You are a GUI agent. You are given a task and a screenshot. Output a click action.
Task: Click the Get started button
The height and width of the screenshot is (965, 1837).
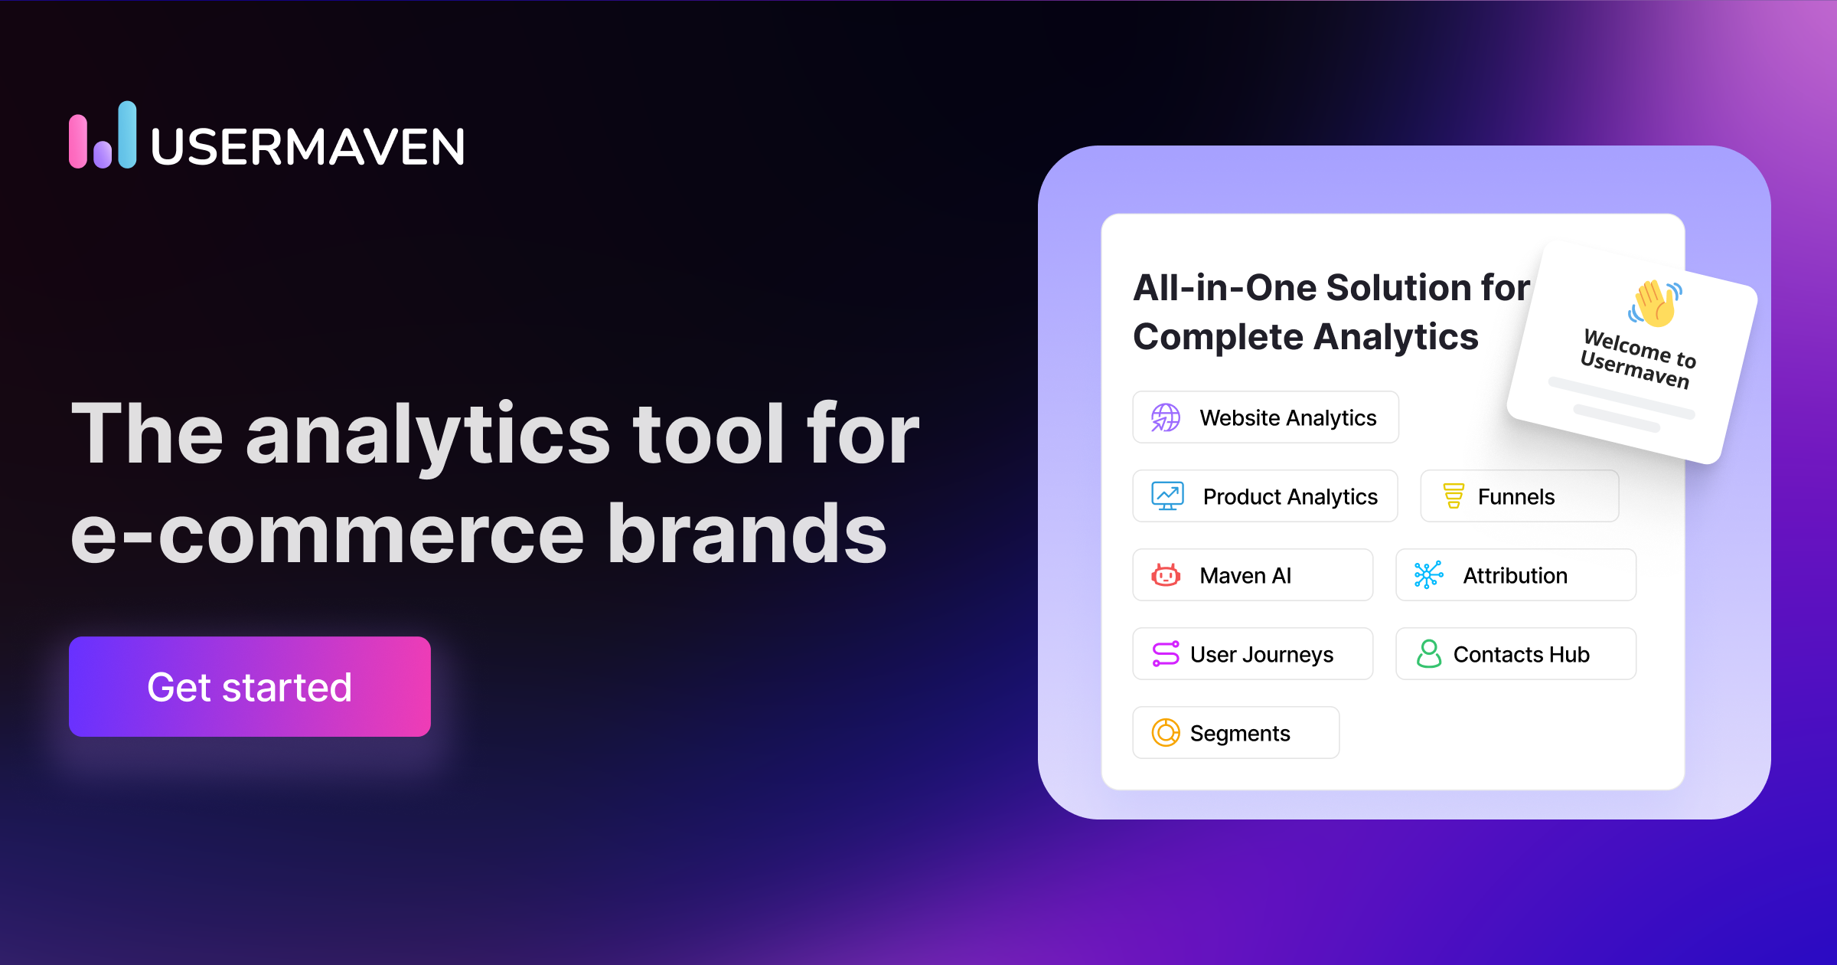pos(250,686)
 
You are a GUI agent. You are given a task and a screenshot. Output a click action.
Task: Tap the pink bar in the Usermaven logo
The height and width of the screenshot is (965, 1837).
pos(78,141)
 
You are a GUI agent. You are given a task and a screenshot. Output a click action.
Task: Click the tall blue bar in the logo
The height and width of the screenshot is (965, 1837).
pos(127,134)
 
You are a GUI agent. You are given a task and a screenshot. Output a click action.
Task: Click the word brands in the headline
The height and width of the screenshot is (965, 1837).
pos(747,534)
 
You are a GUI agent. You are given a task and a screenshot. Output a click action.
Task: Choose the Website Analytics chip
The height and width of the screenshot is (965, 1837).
pos(1265,417)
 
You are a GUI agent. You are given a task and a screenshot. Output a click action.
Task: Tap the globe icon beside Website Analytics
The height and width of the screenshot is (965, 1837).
pos(1166,417)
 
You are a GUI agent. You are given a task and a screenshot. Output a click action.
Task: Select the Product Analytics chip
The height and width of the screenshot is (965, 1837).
pos(1265,496)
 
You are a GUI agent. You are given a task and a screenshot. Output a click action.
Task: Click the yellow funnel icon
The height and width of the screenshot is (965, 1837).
pos(1453,496)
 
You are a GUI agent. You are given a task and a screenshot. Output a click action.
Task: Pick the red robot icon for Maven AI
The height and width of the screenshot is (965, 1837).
pos(1166,575)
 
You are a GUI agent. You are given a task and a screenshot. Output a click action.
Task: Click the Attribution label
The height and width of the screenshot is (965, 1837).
pos(1515,575)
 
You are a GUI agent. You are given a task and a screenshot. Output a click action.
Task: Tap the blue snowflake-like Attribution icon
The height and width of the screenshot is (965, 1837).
pos(1428,574)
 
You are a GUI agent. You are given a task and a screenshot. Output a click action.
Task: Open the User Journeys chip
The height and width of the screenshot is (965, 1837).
pos(1252,654)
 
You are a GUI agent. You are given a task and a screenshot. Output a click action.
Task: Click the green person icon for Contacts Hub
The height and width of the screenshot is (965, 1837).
pos(1428,654)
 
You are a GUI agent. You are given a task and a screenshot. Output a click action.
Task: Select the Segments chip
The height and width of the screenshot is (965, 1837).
pos(1235,733)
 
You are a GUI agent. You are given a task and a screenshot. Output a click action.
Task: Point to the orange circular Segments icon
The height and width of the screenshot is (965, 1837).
pos(1166,733)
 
